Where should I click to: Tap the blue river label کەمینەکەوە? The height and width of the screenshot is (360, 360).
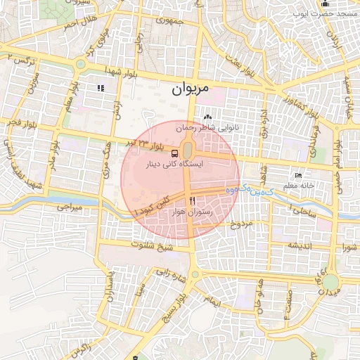[240, 191]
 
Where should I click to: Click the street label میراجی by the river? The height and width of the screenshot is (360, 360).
[70, 208]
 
